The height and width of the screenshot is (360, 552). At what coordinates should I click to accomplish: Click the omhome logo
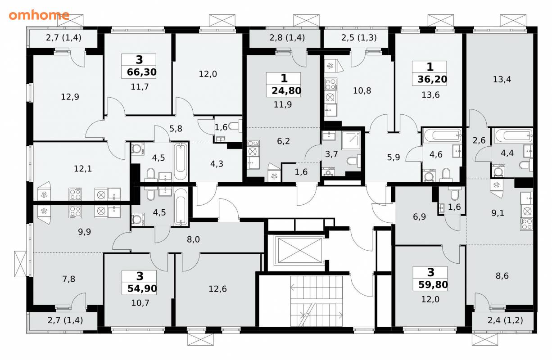coord(39,15)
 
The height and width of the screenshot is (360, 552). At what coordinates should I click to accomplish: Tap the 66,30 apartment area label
coord(142,72)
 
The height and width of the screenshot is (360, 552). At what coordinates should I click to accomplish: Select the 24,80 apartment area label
coord(286,91)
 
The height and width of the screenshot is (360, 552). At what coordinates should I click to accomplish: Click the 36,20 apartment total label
coord(433,80)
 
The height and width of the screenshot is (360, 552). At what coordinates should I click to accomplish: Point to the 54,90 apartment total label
coord(142,288)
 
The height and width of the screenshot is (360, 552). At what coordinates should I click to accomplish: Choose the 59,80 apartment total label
coord(433,285)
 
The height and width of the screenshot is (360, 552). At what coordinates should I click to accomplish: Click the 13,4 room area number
coord(502,80)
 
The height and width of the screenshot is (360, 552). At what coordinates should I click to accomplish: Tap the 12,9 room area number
coord(70,97)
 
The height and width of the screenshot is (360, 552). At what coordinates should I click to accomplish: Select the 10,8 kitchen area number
coord(362,91)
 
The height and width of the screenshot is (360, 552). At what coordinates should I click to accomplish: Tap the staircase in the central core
coord(317,301)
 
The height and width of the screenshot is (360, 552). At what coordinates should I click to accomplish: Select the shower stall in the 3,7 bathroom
coord(351,140)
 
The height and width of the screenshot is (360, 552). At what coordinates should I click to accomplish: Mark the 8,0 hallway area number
coord(193,239)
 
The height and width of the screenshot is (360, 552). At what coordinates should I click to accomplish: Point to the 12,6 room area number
coord(217,289)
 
